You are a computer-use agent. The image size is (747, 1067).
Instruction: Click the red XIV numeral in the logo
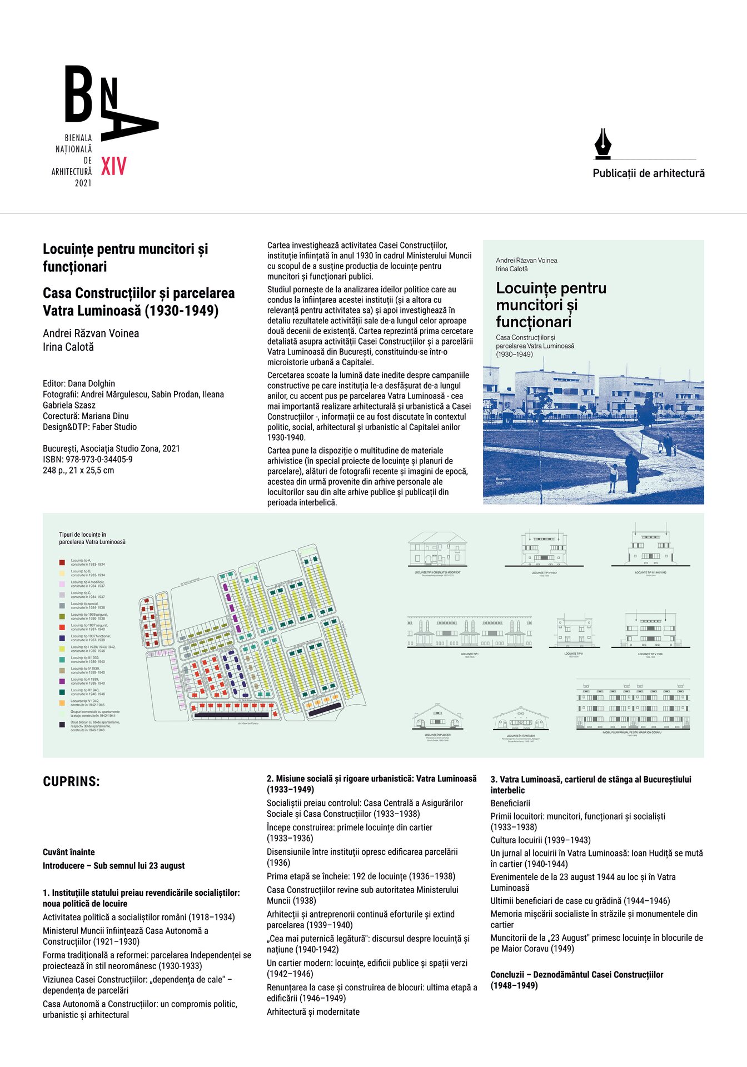tap(114, 166)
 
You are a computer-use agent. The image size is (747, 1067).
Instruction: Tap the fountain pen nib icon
tap(602, 144)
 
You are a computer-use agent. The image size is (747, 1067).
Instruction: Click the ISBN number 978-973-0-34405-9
tap(88, 460)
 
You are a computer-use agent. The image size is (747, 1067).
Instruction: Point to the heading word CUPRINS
tap(71, 781)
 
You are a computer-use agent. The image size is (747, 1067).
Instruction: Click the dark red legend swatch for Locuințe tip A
tap(62, 562)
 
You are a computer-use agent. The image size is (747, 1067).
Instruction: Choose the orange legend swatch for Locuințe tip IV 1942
tap(62, 703)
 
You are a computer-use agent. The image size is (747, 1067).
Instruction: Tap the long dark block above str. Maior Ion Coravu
tap(231, 715)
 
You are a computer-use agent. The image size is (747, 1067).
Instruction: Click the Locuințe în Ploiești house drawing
tap(438, 717)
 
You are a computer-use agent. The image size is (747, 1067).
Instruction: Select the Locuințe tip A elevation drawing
tap(574, 632)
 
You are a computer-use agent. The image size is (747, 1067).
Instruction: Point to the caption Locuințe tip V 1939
tap(650, 654)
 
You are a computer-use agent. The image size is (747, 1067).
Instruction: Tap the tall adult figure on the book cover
tap(632, 472)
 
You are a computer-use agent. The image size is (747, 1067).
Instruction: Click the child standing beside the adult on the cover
tap(613, 477)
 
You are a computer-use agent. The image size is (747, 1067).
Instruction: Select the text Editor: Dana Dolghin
tap(79, 383)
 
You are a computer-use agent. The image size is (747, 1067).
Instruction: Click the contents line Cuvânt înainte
tap(69, 852)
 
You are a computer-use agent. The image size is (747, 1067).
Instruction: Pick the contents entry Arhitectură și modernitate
tap(313, 1012)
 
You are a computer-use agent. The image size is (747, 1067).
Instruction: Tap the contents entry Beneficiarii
tap(510, 803)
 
